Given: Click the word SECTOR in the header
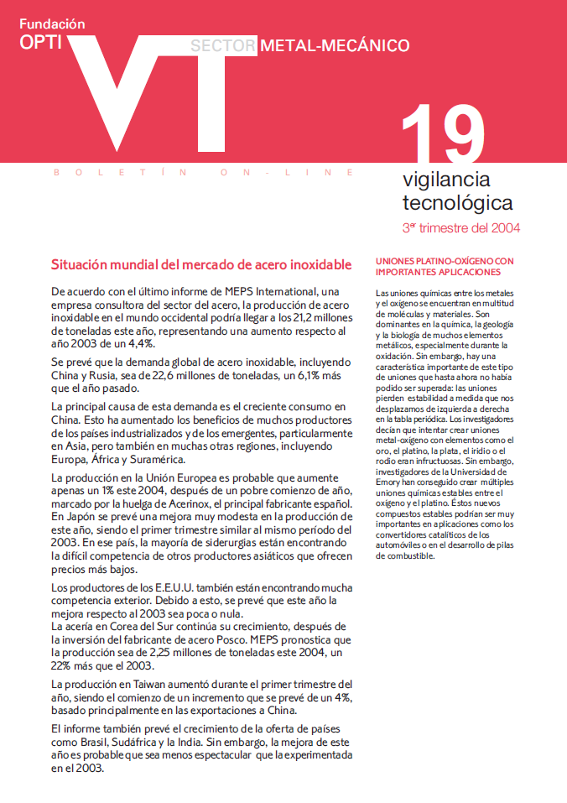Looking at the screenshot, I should [222, 45].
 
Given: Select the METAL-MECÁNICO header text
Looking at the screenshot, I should [335, 45].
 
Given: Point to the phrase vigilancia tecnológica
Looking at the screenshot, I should [457, 191].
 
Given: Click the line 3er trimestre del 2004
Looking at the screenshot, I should [461, 227].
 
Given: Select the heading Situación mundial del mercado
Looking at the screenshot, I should [201, 265].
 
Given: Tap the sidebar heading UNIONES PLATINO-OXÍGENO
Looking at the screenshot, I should [445, 267].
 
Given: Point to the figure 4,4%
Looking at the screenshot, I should [140, 342].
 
